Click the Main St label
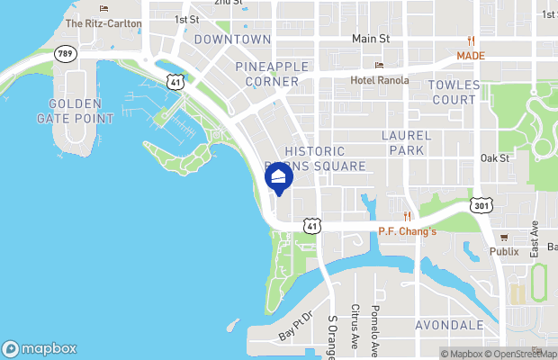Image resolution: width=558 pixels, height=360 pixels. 371,39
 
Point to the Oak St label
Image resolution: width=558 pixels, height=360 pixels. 495,157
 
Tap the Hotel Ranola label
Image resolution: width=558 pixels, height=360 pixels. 380,80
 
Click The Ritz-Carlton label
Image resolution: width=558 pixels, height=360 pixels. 103,23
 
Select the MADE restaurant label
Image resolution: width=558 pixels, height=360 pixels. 470,55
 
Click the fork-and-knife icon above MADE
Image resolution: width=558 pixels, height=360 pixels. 471,40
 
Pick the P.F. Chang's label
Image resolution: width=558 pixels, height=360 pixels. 408,231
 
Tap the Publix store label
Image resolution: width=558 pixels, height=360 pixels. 504,251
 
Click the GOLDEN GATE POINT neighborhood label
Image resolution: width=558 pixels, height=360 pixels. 76,111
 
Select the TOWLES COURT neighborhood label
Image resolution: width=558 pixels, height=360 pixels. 454,91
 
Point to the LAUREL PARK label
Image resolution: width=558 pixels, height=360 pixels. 407,142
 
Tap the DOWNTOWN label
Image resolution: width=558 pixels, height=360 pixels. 232,40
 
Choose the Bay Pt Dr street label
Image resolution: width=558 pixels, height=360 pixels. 294,325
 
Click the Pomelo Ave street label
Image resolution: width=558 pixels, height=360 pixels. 376,328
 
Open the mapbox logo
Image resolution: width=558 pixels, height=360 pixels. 40,348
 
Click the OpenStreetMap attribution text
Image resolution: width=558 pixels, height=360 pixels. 521,354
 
